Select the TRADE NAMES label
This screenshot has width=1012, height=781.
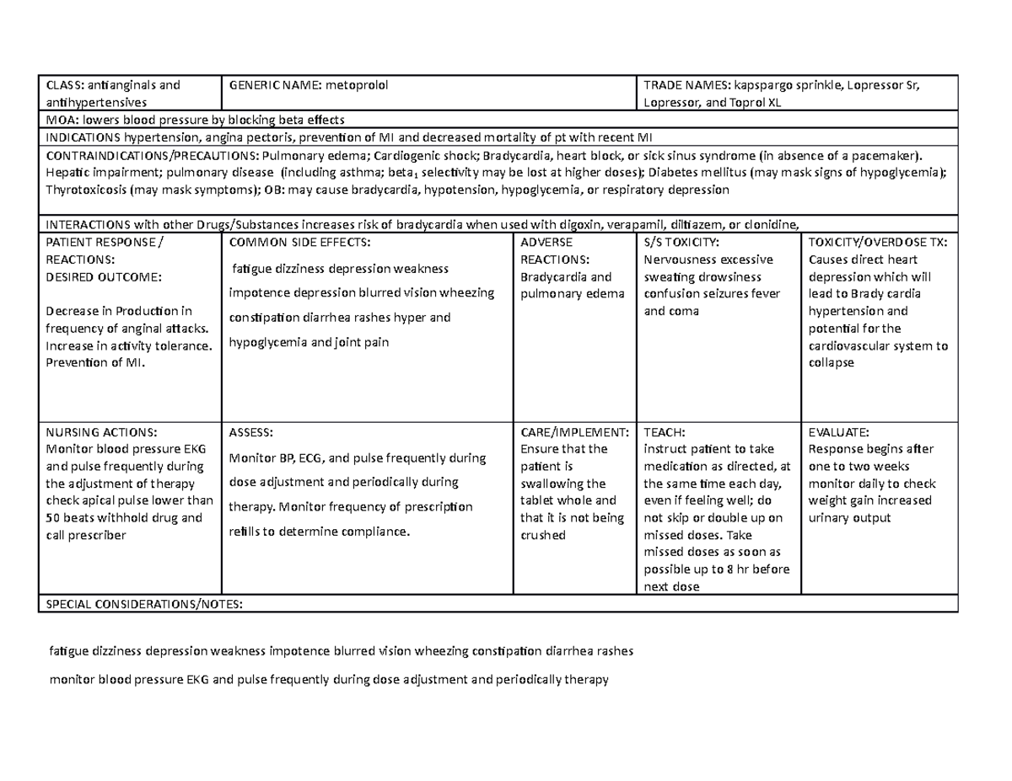[x=686, y=84]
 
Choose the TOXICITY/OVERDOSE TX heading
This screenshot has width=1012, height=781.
[x=877, y=242]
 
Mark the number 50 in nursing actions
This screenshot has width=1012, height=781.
[x=52, y=518]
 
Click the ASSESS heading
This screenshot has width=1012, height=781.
[x=250, y=432]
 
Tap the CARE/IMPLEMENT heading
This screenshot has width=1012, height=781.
[x=574, y=432]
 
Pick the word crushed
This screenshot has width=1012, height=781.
[x=543, y=535]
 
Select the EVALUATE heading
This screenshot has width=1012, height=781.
[x=838, y=432]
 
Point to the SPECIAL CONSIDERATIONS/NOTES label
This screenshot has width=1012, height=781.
[x=143, y=604]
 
